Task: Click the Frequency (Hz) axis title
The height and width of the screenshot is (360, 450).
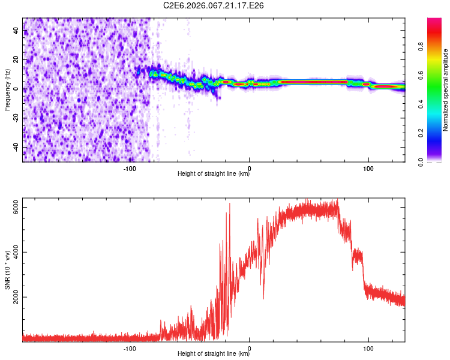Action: [x=7, y=90]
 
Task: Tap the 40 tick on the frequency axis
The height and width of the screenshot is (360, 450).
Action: [x=16, y=31]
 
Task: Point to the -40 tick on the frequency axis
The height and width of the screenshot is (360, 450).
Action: [x=16, y=147]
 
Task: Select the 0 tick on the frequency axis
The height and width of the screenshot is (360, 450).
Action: [x=16, y=89]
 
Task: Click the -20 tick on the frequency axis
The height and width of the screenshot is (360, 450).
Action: [x=16, y=118]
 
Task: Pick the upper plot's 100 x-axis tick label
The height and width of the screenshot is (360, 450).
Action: [x=368, y=169]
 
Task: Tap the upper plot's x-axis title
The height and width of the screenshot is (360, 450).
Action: [x=214, y=175]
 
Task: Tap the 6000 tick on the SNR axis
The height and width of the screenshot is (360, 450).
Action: [x=16, y=208]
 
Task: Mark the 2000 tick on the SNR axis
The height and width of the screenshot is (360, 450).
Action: [x=16, y=297]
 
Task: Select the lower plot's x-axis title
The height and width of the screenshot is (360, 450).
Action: [x=214, y=355]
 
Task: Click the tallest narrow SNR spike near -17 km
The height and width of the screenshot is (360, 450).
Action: [x=229, y=204]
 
